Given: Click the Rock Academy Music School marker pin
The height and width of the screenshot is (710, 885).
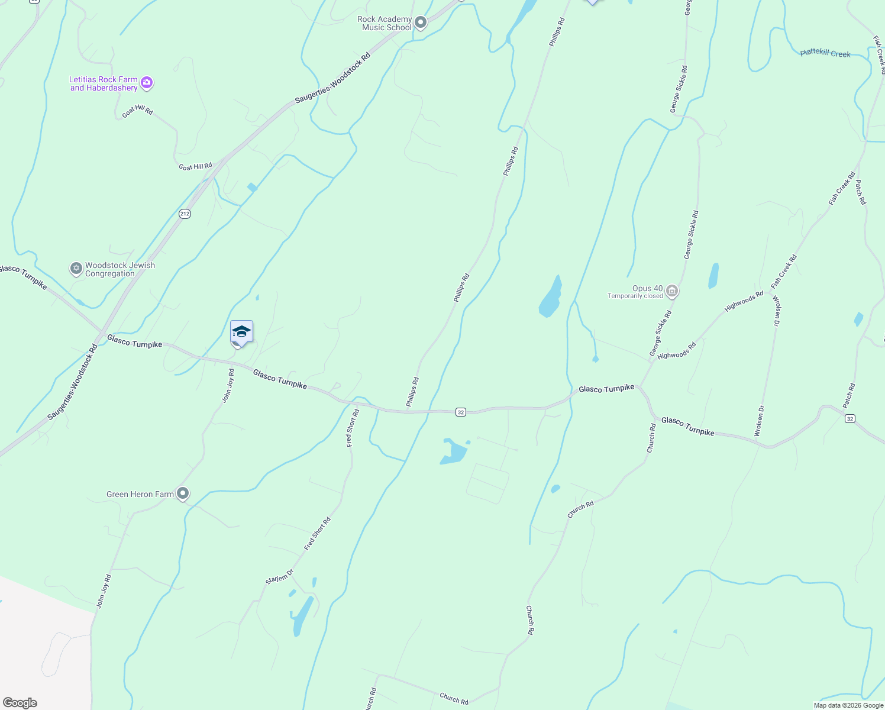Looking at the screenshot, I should [421, 23].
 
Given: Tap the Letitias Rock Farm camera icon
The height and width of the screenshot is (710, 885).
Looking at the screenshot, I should [147, 83].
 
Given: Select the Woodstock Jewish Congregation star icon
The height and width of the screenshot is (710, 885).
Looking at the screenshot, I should [76, 269].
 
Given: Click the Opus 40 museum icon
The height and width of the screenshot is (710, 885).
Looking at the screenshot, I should [671, 291].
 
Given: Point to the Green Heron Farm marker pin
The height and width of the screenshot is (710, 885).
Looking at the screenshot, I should [183, 493].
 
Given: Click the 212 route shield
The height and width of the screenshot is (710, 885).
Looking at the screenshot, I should [185, 214].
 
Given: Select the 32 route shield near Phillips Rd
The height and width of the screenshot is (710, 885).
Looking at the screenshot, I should [461, 412].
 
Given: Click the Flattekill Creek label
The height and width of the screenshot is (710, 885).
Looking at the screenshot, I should [825, 53].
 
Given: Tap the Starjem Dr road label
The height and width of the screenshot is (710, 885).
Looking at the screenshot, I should [279, 577].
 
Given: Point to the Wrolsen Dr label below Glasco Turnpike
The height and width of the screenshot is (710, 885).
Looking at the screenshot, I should [760, 421].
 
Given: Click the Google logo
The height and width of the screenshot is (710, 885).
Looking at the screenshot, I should [20, 702].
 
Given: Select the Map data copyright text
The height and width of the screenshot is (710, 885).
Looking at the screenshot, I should [848, 705].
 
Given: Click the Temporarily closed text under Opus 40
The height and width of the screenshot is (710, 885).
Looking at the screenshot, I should [635, 296].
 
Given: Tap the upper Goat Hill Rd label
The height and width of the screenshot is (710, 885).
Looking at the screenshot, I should [137, 111].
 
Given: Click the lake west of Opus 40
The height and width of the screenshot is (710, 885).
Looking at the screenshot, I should [550, 298].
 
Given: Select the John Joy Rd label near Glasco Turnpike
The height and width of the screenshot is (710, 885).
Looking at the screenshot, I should [228, 386].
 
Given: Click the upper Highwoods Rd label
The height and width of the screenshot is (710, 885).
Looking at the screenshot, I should [744, 301].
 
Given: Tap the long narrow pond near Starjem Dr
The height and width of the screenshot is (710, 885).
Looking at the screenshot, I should [302, 616].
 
